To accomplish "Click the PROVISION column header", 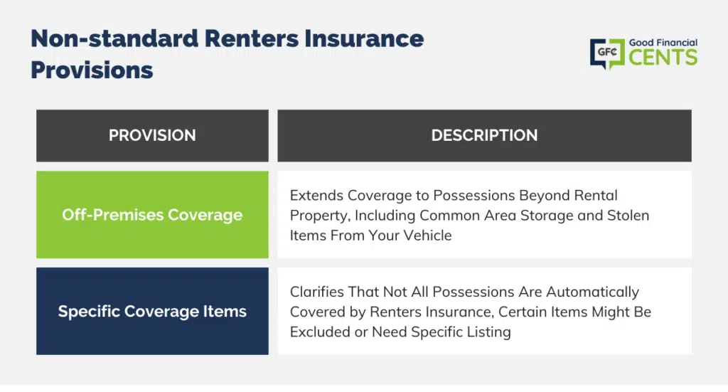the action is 152,136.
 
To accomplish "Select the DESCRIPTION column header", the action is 484,136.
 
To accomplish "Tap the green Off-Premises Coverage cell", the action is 152,215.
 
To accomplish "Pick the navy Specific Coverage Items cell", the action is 152,311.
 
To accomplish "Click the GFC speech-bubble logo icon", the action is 607,53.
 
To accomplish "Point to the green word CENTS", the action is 663,58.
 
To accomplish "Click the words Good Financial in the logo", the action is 663,43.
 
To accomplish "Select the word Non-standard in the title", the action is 114,38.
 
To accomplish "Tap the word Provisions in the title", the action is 92,70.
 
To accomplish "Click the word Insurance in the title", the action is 364,38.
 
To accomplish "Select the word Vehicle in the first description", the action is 427,235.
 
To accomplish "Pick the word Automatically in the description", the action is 592,292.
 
